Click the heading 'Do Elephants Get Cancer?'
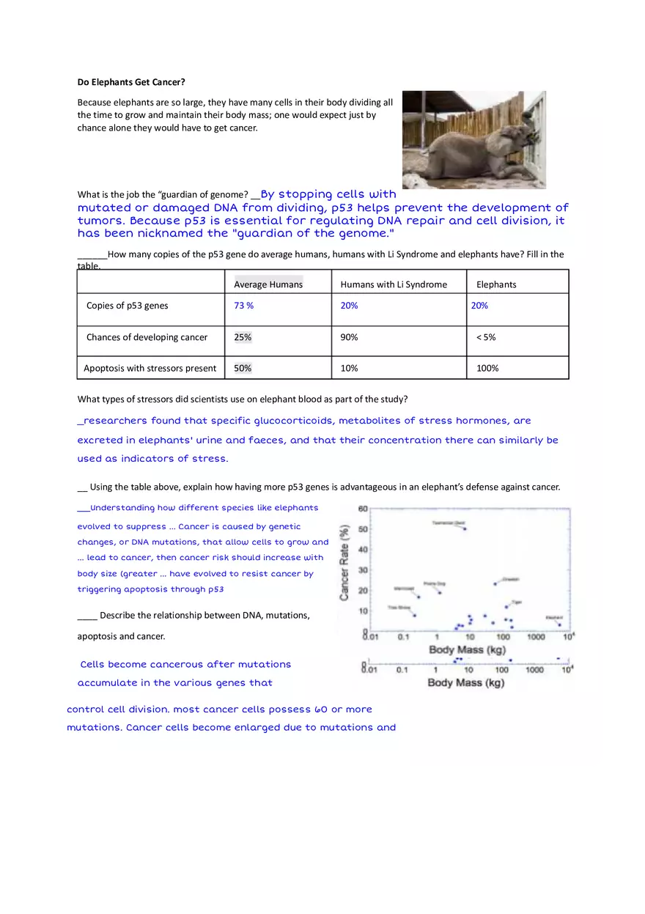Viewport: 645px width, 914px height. pyautogui.click(x=131, y=82)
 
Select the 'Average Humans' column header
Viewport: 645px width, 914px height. pyautogui.click(x=268, y=284)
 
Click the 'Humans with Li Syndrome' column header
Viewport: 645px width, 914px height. pyautogui.click(x=394, y=284)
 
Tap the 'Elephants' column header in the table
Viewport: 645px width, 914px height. pyautogui.click(x=496, y=284)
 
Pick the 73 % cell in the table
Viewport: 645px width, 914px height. pyautogui.click(x=243, y=306)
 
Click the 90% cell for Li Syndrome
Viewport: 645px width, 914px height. pyautogui.click(x=349, y=337)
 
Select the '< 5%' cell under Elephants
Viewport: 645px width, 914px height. pyautogui.click(x=486, y=337)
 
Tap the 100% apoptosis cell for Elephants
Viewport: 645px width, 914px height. pyautogui.click(x=487, y=368)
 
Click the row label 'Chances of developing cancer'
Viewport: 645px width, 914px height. pyautogui.click(x=147, y=337)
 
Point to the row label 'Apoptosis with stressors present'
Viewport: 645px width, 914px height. pyautogui.click(x=150, y=368)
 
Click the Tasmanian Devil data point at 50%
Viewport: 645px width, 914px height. pyautogui.click(x=464, y=528)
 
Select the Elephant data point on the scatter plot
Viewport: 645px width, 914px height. pyautogui.click(x=560, y=624)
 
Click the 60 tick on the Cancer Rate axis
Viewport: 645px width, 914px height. pyautogui.click(x=363, y=509)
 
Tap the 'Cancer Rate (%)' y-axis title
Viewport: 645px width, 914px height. pyautogui.click(x=344, y=562)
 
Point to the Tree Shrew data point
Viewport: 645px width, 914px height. pyautogui.click(x=414, y=615)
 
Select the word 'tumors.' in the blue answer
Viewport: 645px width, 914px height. pyautogui.click(x=101, y=221)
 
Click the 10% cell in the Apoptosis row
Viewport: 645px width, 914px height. pyautogui.click(x=349, y=368)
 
